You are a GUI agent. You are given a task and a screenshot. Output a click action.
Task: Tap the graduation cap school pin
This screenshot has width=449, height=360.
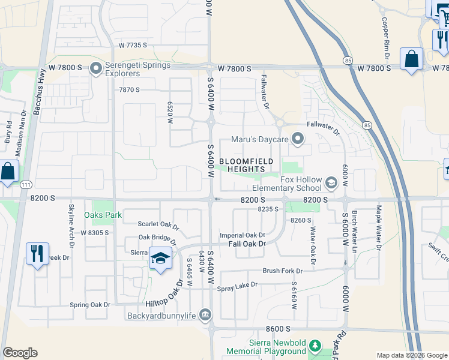click(160, 259)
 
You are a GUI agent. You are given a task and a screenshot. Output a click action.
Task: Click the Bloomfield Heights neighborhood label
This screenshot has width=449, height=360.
click(246, 165)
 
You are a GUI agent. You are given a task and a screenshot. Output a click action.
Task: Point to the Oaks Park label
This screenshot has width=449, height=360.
click(103, 215)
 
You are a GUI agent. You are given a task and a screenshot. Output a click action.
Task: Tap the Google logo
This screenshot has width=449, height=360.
click(20, 353)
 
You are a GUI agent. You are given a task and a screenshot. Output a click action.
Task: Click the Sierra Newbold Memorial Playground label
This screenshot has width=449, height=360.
click(265, 346)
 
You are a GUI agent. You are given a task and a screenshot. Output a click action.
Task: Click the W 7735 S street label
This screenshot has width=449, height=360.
click(133, 45)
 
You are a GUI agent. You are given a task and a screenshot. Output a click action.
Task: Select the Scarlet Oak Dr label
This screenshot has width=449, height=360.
click(158, 225)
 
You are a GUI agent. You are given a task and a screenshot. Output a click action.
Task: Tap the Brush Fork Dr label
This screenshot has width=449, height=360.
click(282, 271)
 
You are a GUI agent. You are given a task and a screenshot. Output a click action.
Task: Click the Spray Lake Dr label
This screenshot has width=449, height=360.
click(237, 285)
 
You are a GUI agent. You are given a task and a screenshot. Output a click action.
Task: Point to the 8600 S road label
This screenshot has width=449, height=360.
click(278, 329)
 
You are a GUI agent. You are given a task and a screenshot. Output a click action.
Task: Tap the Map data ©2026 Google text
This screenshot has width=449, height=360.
click(411, 355)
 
